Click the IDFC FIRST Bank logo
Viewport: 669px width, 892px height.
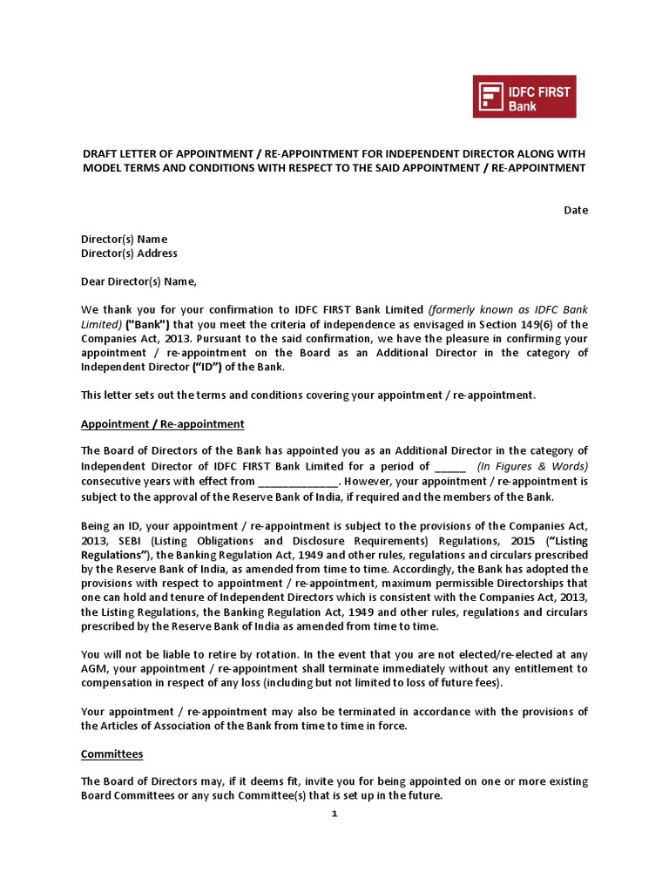524,96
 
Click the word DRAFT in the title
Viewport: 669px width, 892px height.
102,153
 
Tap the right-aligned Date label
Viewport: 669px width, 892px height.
576,210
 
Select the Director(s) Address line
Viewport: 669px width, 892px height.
129,253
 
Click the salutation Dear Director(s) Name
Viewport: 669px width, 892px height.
139,281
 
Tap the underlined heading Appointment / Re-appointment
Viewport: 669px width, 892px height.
162,423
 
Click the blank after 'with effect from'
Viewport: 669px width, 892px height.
297,481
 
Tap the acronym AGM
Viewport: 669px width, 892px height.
95,668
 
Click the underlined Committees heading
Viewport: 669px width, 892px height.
111,753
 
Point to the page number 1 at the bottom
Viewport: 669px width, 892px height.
334,814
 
